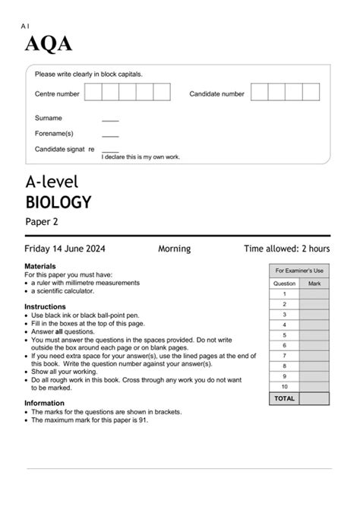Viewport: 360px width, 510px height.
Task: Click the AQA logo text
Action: (49, 45)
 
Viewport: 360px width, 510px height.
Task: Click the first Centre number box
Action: (93, 93)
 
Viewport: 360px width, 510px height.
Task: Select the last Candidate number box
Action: (311, 93)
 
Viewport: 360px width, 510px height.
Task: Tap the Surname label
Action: (49, 119)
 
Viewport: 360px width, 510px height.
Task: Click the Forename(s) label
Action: (53, 133)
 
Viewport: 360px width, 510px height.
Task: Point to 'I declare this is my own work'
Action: (141, 157)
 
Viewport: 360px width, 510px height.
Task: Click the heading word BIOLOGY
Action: (58, 202)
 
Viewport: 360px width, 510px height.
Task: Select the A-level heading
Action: (52, 182)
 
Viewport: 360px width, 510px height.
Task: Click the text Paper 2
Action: (42, 222)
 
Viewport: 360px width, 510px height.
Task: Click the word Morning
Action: (174, 249)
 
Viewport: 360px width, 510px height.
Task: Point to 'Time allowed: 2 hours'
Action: (286, 249)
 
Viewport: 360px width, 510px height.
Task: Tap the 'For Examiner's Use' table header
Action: (299, 271)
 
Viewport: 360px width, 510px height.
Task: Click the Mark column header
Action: (314, 283)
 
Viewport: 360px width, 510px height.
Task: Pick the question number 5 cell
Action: (284, 334)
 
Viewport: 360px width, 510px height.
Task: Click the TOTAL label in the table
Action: (284, 398)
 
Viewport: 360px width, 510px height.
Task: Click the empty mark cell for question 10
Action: (314, 385)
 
